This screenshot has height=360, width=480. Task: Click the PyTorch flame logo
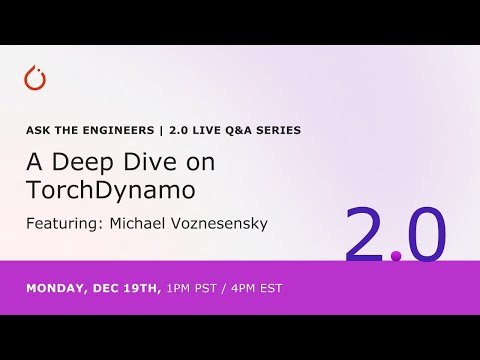tap(36, 79)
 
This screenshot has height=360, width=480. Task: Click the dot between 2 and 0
tap(396, 257)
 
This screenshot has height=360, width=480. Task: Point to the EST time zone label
tap(270, 288)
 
